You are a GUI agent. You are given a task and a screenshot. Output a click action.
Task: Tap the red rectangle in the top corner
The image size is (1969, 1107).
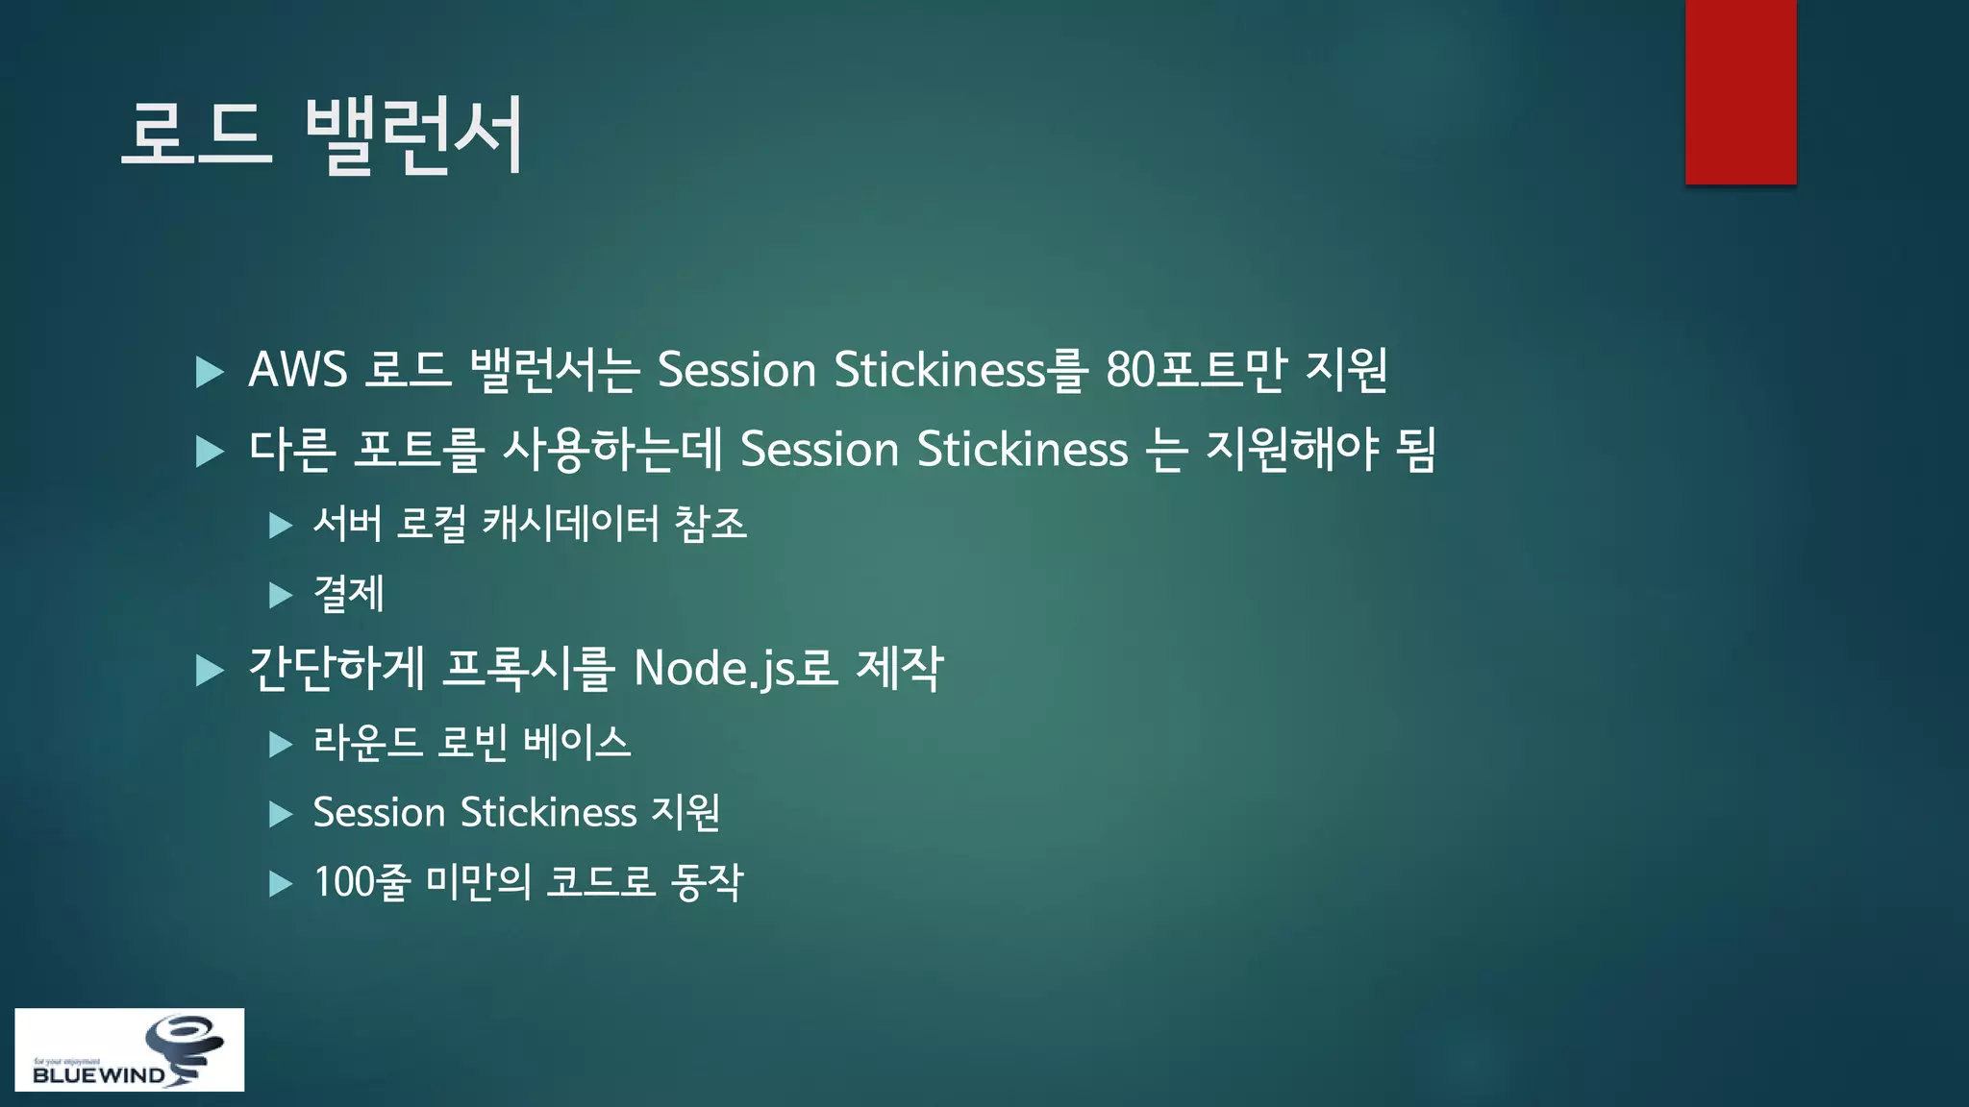(x=1740, y=91)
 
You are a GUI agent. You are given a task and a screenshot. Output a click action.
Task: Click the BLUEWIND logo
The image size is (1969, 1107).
(x=129, y=1049)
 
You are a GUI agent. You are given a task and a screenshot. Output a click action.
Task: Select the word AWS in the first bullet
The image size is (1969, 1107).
(x=298, y=370)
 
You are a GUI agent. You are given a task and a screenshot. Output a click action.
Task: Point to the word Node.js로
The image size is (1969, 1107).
(x=736, y=669)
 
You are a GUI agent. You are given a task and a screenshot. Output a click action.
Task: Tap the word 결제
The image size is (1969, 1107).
(x=349, y=594)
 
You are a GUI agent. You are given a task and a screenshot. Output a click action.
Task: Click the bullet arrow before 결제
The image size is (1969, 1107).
(x=281, y=596)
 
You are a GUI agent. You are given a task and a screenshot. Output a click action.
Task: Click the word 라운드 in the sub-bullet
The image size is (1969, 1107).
(x=367, y=743)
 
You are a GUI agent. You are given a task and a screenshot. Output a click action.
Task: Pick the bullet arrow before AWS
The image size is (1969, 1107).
(x=210, y=372)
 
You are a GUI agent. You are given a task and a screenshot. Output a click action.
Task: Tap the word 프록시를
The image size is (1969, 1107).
(x=528, y=669)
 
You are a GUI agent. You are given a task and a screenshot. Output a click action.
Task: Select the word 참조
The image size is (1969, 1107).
(x=710, y=525)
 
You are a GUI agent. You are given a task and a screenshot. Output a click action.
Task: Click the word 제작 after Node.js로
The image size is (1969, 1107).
(x=900, y=669)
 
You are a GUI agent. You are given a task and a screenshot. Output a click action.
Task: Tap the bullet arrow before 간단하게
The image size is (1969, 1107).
(x=210, y=671)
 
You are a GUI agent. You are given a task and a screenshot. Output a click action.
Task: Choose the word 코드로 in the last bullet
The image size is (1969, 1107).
(x=602, y=882)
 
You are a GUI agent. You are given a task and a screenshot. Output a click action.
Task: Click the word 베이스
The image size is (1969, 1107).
(x=577, y=743)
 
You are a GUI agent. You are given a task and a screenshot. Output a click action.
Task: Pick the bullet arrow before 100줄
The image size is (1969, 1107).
(x=281, y=884)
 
